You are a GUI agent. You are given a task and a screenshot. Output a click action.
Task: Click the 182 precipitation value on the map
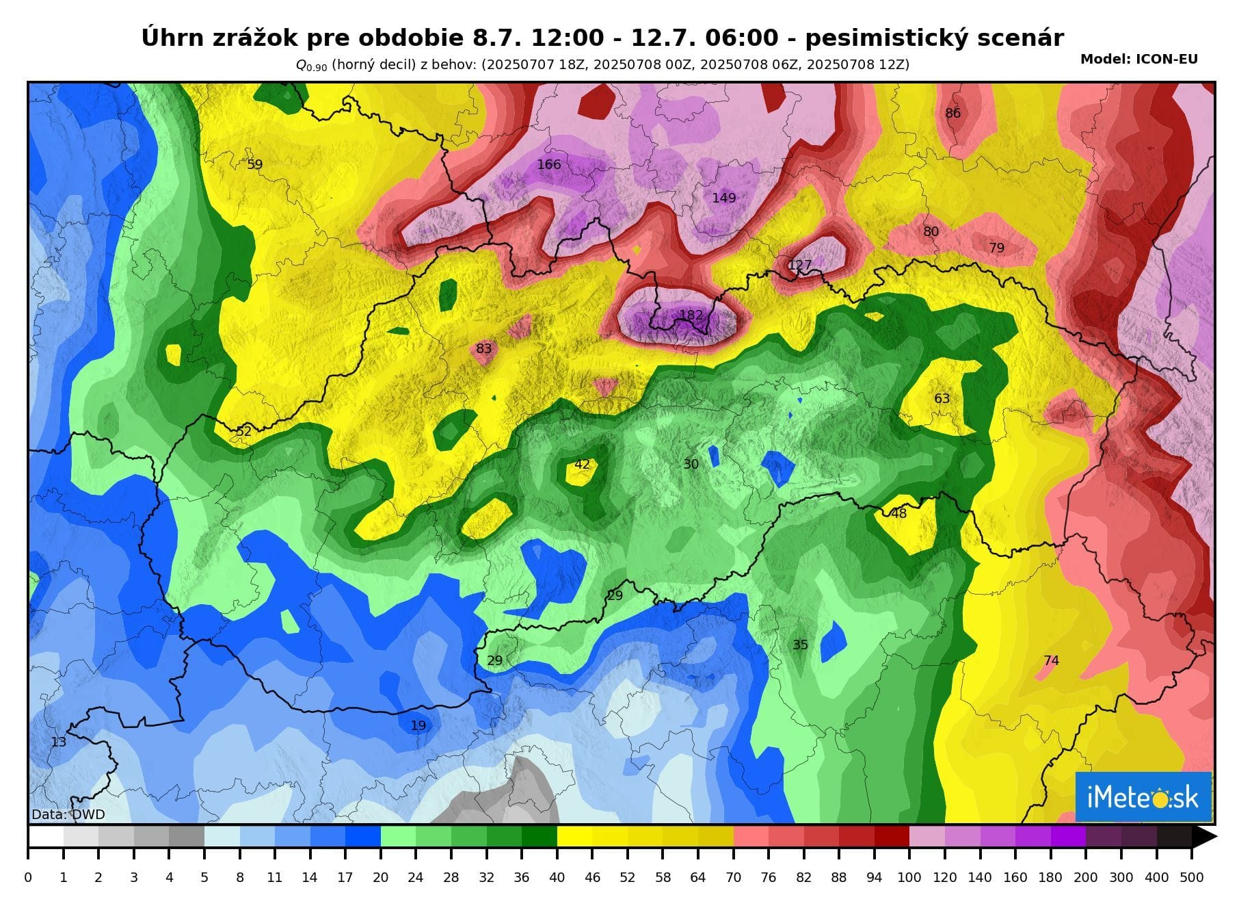click(691, 315)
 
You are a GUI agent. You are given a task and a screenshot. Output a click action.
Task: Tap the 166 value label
click(549, 164)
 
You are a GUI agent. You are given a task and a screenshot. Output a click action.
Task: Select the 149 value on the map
click(724, 198)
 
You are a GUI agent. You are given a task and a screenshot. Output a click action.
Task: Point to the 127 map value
click(800, 265)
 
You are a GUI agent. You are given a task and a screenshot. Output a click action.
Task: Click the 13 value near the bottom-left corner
click(59, 742)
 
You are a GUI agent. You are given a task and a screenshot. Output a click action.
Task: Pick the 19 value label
click(418, 725)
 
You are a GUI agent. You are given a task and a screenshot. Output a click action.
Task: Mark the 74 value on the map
click(1051, 660)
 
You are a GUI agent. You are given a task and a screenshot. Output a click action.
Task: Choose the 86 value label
click(952, 113)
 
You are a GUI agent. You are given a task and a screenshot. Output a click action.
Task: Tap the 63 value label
click(942, 398)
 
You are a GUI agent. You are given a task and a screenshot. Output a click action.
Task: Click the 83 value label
click(483, 348)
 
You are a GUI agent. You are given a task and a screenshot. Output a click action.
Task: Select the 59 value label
click(254, 164)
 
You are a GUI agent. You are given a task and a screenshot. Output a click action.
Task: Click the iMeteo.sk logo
click(1143, 797)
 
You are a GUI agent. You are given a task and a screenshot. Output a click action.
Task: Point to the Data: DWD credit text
click(68, 815)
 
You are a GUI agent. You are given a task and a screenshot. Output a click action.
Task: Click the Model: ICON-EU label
click(1138, 60)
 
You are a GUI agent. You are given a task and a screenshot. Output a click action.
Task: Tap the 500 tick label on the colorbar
click(1191, 877)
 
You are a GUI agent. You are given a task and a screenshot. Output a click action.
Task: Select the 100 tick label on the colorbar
click(909, 877)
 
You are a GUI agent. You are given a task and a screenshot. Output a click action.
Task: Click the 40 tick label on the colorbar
click(557, 877)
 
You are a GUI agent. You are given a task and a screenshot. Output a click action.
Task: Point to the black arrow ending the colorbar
click(1204, 837)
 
